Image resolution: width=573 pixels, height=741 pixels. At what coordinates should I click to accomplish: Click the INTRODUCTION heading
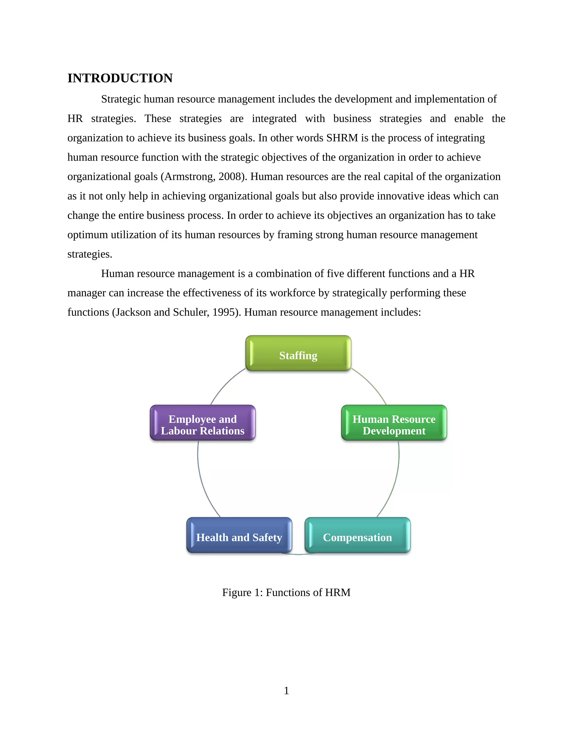tap(120, 78)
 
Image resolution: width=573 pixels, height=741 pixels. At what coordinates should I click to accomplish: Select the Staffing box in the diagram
tap(298, 353)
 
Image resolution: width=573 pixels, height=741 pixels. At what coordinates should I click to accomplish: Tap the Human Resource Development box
tap(394, 423)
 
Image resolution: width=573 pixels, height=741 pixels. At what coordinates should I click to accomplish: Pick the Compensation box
tap(358, 535)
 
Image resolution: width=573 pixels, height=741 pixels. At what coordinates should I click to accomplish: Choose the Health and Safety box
tap(239, 535)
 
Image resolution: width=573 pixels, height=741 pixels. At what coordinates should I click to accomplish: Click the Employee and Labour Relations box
tap(203, 423)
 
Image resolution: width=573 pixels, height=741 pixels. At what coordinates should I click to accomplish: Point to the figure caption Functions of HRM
tap(286, 593)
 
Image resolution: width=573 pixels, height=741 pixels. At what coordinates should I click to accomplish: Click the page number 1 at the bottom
tap(286, 690)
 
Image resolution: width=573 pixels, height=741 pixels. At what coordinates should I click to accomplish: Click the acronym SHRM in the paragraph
tap(342, 138)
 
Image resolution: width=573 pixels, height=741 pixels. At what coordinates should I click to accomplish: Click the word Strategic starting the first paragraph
tap(121, 99)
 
